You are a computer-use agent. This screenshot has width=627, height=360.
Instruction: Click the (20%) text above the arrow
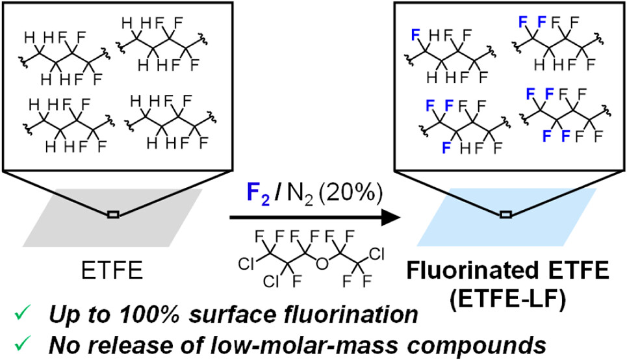click(346, 192)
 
